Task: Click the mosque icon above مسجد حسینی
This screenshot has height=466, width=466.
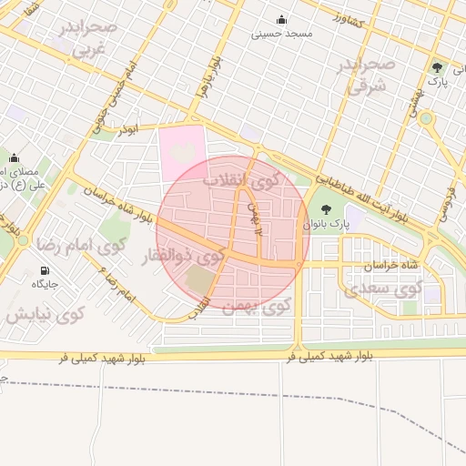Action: (x=280, y=20)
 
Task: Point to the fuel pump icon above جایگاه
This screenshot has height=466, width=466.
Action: (x=46, y=270)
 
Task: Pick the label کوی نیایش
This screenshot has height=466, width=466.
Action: (x=45, y=314)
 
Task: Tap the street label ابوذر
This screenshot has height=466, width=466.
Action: (x=127, y=131)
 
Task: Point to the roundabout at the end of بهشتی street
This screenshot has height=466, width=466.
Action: (x=426, y=118)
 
